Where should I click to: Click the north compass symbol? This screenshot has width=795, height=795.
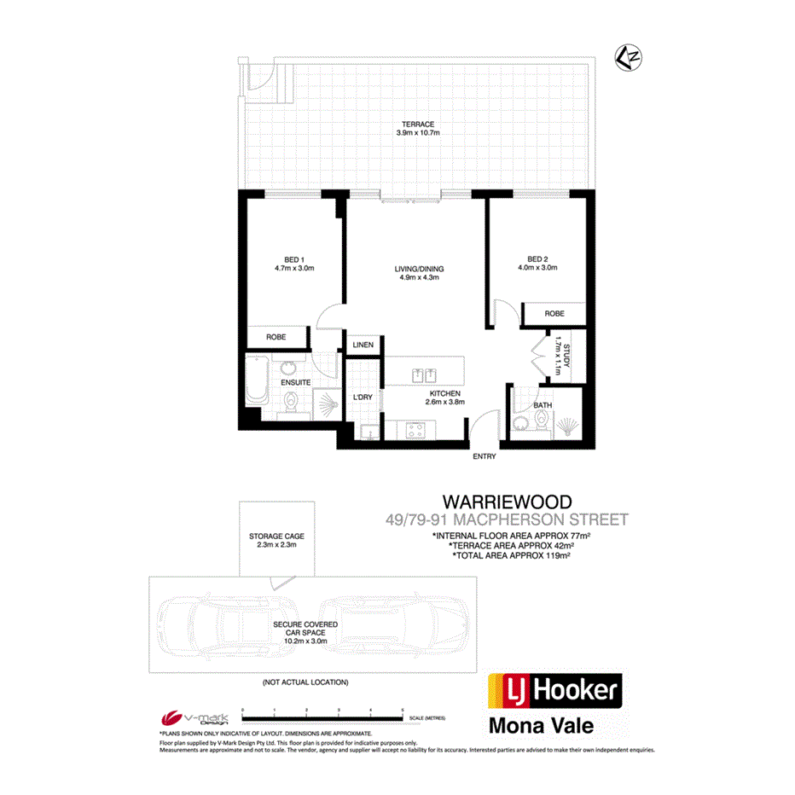[x=628, y=58]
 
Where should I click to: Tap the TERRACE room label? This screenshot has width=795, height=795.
[x=413, y=125]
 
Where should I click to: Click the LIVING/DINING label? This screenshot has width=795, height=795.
[x=419, y=269]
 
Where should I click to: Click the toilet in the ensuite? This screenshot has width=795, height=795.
[x=289, y=404]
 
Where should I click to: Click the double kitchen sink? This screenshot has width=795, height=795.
[x=424, y=374]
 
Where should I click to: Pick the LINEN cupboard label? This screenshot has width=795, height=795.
[x=363, y=345]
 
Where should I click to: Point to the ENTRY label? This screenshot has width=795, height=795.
[x=484, y=457]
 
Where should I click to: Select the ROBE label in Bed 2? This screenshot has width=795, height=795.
[x=554, y=314]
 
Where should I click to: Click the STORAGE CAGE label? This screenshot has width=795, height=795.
[x=276, y=537]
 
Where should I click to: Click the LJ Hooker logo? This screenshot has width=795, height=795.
[x=554, y=691]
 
